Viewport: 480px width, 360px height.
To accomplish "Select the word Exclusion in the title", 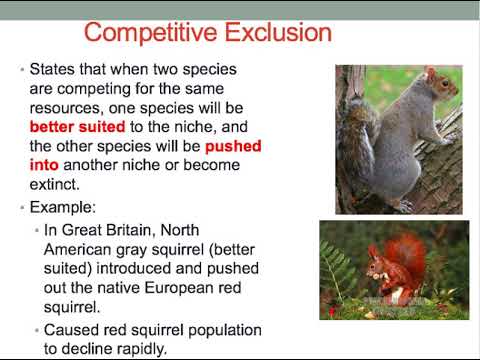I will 272,32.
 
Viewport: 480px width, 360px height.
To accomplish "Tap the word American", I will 84,252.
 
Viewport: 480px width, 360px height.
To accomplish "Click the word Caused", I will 75,329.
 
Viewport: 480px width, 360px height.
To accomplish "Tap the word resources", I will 67,109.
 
